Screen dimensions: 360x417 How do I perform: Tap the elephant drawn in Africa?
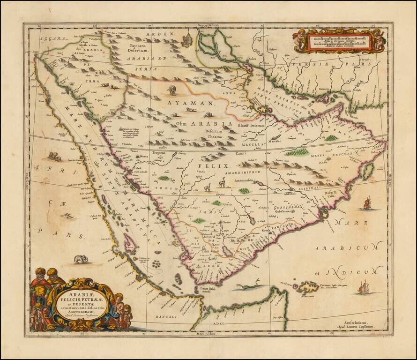[x=81, y=258]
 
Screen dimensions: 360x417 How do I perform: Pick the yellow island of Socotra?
[x=308, y=286]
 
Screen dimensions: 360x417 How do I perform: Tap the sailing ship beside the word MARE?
[x=366, y=203]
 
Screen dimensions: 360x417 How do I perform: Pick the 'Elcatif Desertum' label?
[x=252, y=126]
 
